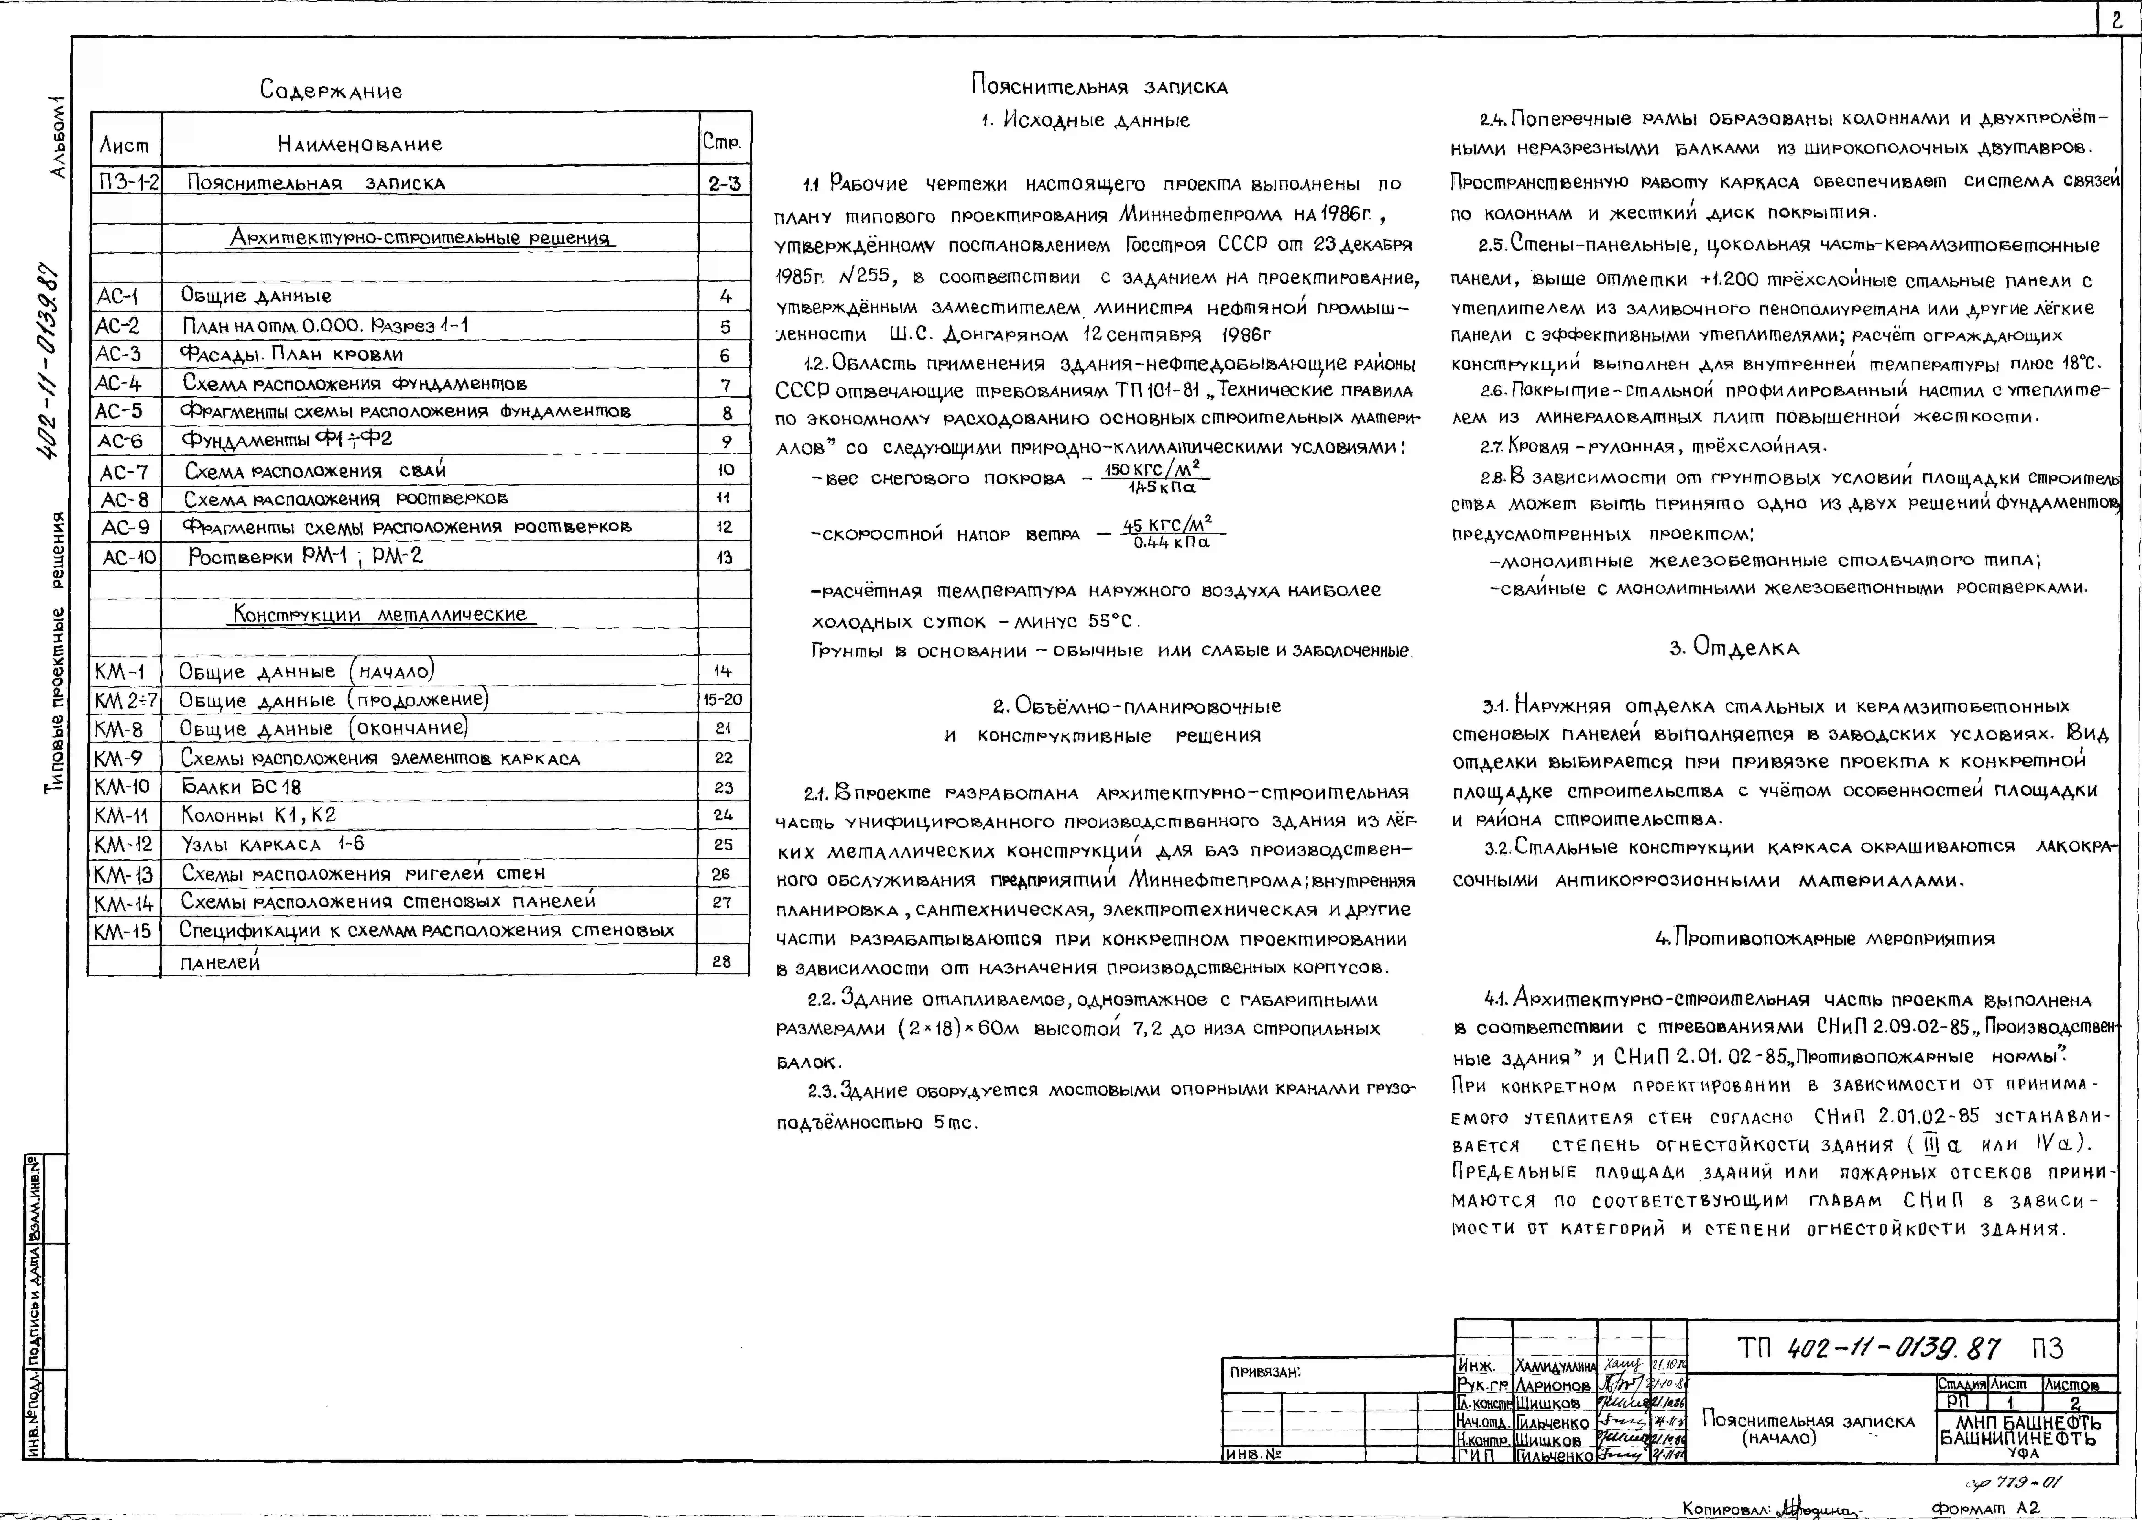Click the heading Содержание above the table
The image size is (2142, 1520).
coord(331,91)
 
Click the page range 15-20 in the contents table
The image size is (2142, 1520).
coord(722,699)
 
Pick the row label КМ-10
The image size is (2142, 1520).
coord(122,786)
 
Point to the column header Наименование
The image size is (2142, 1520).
coord(359,144)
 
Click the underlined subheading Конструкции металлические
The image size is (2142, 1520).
coord(380,615)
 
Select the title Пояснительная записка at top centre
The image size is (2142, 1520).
coord(1099,87)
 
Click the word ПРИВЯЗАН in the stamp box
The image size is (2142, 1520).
coord(1265,1372)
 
